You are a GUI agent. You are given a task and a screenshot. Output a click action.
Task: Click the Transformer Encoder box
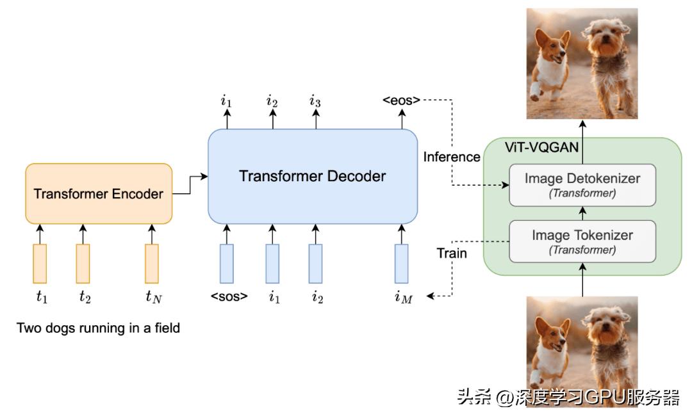[x=99, y=193]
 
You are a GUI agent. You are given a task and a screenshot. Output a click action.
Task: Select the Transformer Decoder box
[x=313, y=176]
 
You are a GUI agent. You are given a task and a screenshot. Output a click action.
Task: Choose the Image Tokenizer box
[x=582, y=241]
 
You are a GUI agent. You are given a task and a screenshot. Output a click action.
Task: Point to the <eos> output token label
[x=402, y=100]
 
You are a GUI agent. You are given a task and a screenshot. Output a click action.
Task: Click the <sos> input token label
[x=229, y=296]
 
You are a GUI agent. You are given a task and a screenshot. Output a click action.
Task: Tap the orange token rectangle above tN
[x=152, y=263]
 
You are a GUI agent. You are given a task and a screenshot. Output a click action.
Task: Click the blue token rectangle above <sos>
[x=227, y=263]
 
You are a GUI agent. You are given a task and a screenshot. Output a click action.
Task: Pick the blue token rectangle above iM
[x=401, y=263]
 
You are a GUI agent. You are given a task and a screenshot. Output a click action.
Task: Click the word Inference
[x=452, y=157]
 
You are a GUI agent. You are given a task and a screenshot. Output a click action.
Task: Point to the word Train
[x=452, y=253]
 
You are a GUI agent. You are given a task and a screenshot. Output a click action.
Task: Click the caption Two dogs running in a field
[x=98, y=328]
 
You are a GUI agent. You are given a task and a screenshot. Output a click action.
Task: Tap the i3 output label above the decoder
[x=315, y=100]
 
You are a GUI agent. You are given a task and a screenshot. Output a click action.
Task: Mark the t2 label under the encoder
[x=85, y=296]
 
